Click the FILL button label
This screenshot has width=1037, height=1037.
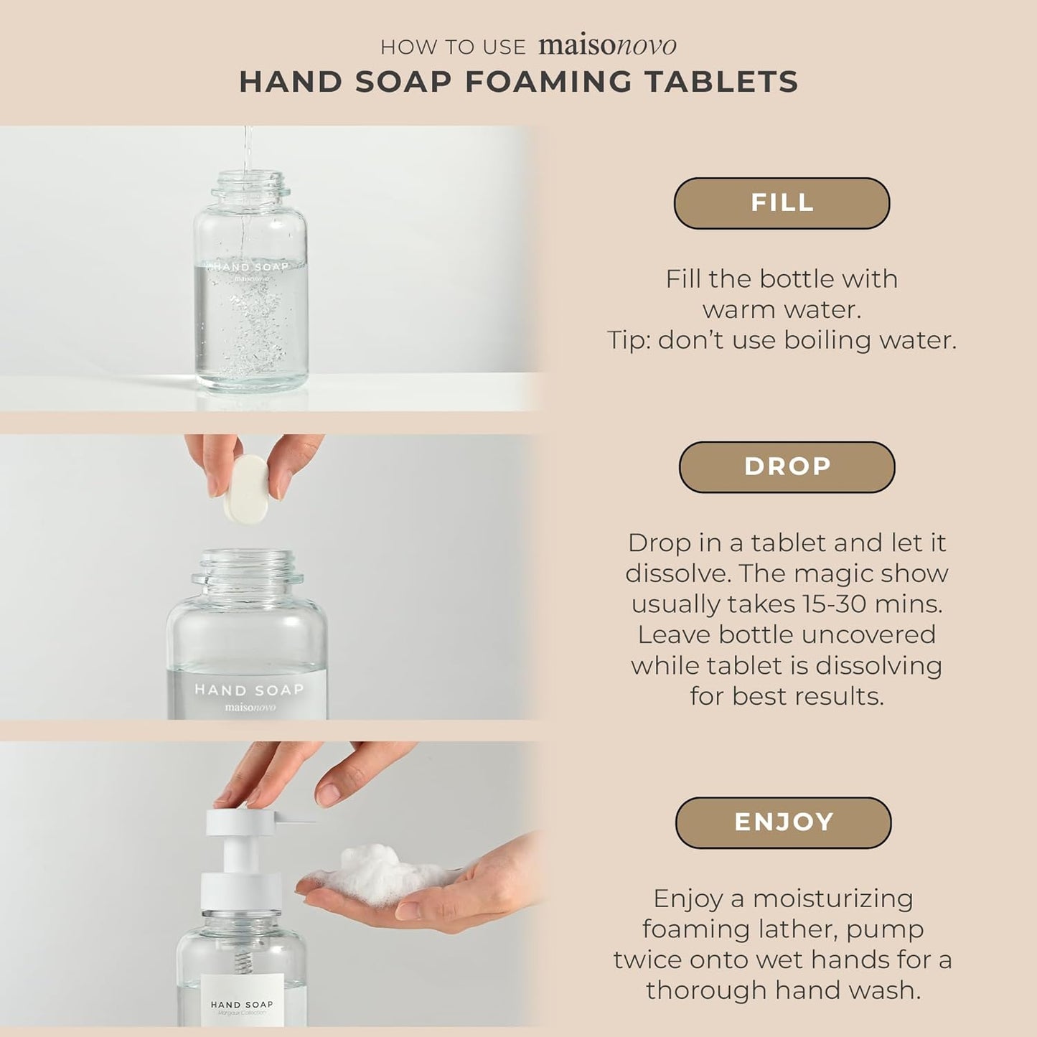[x=782, y=203]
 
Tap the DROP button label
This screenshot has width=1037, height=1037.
[x=787, y=467]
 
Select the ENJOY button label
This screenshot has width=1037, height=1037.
[x=784, y=822]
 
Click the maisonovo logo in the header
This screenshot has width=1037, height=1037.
[x=607, y=46]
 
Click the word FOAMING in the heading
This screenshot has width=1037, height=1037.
[x=548, y=82]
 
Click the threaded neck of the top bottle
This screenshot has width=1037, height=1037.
[x=250, y=184]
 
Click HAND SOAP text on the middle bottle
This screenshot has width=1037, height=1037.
[x=249, y=690]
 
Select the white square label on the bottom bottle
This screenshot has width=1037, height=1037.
[x=241, y=998]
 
